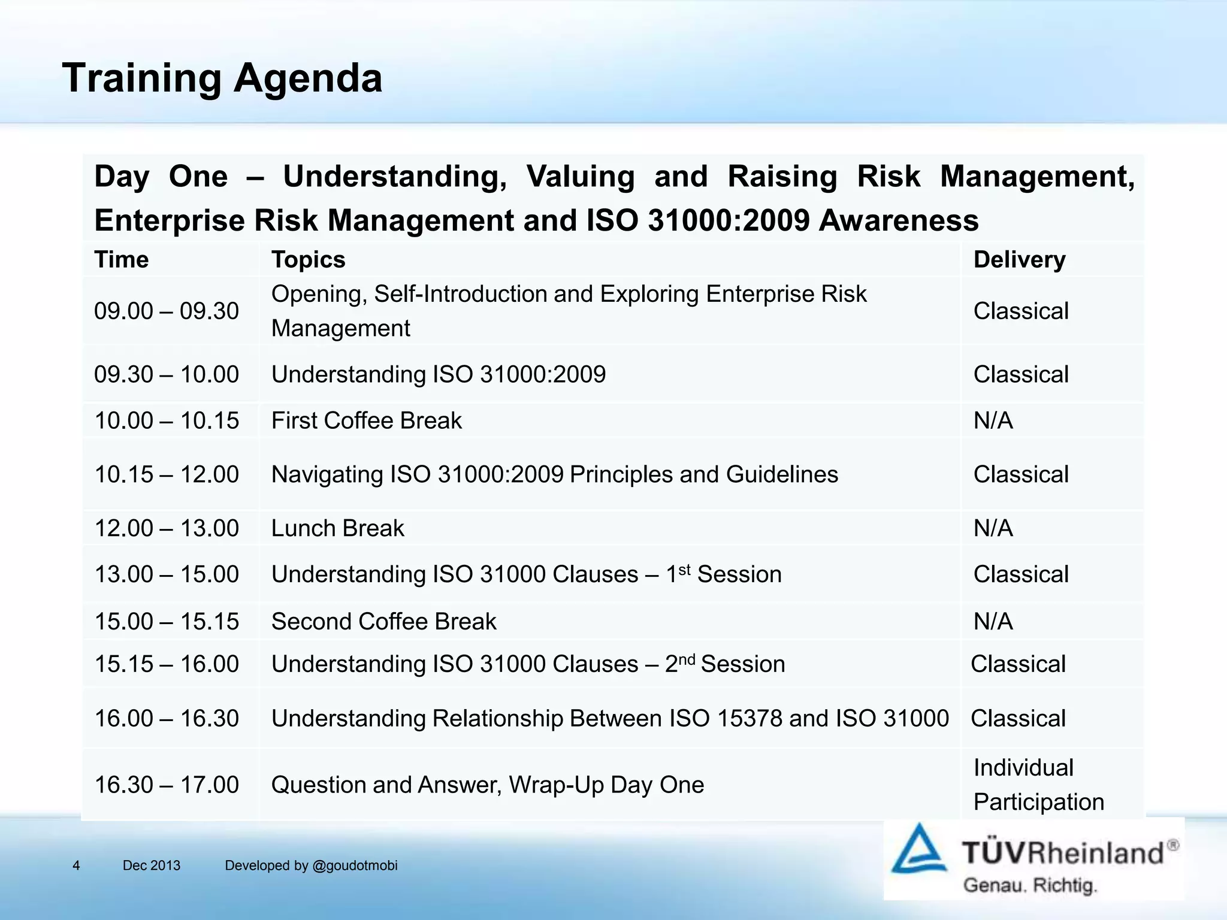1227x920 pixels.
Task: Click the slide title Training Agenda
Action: click(x=222, y=78)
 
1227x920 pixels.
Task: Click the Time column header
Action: click(x=122, y=260)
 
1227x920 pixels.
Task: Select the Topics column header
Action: click(x=308, y=260)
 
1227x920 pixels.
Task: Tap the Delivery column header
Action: click(x=1019, y=260)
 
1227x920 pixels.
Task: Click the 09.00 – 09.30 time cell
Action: click(x=167, y=311)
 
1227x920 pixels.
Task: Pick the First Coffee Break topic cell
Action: click(x=366, y=420)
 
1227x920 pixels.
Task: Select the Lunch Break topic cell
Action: click(x=337, y=528)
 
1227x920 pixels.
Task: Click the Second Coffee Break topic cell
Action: click(x=383, y=621)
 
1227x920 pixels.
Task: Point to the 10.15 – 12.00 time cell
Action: click(x=167, y=474)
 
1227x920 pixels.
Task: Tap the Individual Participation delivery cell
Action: click(x=1038, y=785)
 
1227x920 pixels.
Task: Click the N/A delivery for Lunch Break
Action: click(x=993, y=528)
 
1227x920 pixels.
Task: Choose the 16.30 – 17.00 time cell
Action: click(x=167, y=785)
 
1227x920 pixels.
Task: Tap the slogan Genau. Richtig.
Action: click(x=1029, y=885)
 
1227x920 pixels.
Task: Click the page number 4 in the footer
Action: click(x=76, y=865)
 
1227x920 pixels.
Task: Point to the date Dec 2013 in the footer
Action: click(x=151, y=865)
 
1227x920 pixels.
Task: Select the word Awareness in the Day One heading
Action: click(x=898, y=220)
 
